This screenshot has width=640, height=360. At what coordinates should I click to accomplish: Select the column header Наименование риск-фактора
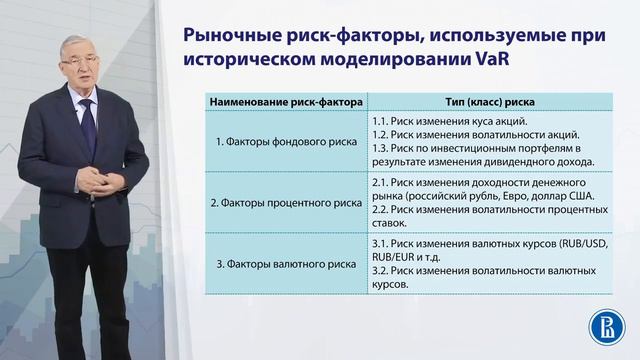[x=271, y=103]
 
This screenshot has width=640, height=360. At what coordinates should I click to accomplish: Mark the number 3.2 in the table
[x=379, y=271]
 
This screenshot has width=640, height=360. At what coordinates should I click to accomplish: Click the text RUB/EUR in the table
[x=394, y=257]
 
